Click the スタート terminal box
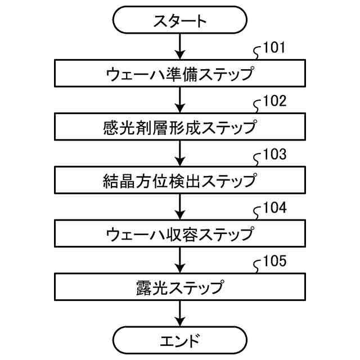coord(180,20)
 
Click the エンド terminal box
coord(180,340)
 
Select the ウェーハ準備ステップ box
coord(180,73)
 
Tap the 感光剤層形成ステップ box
coord(180,127)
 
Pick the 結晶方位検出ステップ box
coord(180,180)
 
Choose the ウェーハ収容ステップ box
coord(180,233)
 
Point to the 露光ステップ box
coord(180,287)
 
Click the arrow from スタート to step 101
coord(180,47)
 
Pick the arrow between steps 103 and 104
coord(180,206)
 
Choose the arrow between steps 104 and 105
coord(180,260)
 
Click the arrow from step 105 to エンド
coord(180,313)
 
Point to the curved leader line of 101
coord(256,55)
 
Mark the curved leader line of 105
coord(256,268)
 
